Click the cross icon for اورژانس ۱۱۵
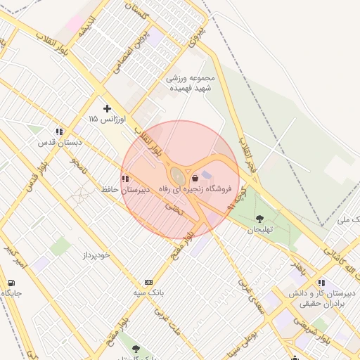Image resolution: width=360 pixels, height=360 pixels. coord(107,108)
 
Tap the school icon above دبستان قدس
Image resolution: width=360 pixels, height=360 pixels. coord(59,131)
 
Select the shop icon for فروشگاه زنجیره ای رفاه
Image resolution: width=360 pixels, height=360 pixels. coord(195,179)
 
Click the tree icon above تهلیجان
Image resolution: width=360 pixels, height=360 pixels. coord(259,219)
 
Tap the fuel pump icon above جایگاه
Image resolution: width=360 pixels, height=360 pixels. coord(11,283)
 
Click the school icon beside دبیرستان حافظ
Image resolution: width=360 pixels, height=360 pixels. coord(125,179)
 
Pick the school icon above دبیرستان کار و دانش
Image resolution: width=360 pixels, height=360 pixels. coord(321,283)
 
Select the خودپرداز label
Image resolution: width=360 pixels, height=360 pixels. coord(96,255)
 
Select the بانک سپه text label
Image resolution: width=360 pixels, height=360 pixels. coord(149,292)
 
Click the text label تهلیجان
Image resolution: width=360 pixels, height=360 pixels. coord(259,230)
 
